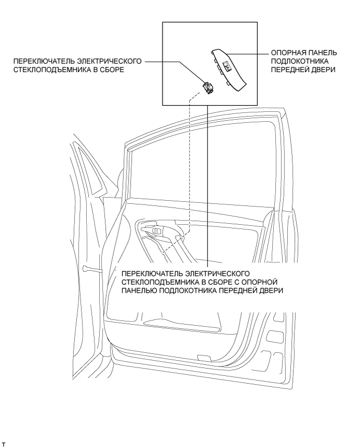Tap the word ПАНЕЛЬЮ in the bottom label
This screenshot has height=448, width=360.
pos(138,291)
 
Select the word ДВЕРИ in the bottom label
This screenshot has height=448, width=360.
pos(271,291)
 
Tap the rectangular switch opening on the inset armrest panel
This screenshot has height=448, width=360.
pos(228,66)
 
